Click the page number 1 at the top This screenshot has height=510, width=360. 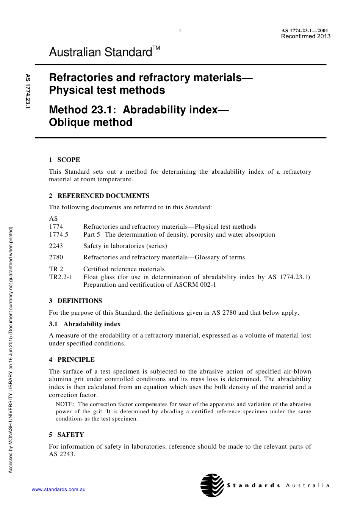point(180,31)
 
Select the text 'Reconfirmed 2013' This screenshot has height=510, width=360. point(305,36)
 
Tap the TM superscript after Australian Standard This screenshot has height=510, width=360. point(156,48)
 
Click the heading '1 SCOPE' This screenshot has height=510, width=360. point(64,160)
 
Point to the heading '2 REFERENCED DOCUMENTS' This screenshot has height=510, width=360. point(99,196)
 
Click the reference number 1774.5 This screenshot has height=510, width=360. point(59,234)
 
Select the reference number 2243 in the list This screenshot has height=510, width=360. point(56,246)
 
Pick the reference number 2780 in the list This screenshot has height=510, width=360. point(56,257)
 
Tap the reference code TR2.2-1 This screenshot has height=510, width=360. point(61,277)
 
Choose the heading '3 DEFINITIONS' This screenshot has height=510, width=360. point(75,301)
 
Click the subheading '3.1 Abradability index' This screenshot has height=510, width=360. point(85,324)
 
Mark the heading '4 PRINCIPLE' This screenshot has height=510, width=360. point(72,359)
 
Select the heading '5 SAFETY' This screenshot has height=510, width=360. point(66,435)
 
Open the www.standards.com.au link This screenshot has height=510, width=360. point(59,490)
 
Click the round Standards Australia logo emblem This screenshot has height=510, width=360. point(212,485)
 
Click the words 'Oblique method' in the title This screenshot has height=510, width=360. point(91,122)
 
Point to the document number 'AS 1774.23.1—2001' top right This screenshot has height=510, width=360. point(305,31)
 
